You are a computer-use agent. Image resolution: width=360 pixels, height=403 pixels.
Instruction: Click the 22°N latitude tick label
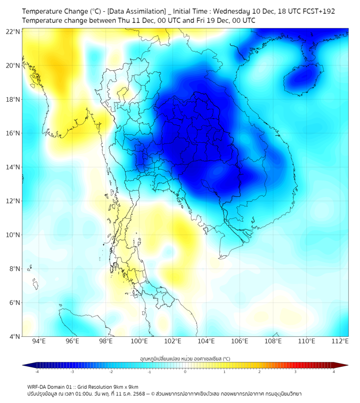tap(13, 31)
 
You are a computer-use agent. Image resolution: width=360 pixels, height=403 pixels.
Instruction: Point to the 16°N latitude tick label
tap(13, 133)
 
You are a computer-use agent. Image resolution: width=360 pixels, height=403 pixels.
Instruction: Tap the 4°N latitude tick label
tap(14, 336)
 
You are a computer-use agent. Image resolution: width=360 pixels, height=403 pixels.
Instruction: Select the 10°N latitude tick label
tap(13, 235)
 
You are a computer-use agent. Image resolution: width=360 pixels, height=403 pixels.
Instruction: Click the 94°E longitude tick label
tap(39, 341)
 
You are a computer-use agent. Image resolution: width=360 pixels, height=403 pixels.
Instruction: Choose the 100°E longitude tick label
tap(139, 341)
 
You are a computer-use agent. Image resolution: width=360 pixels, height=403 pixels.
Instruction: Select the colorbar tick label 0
tap(185, 372)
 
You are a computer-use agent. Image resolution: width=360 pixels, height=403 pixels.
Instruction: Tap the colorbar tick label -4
tap(37, 372)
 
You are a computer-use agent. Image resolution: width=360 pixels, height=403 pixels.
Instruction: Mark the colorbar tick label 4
tap(334, 372)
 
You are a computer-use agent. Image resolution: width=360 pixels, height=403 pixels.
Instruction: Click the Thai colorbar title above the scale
tap(185, 359)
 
